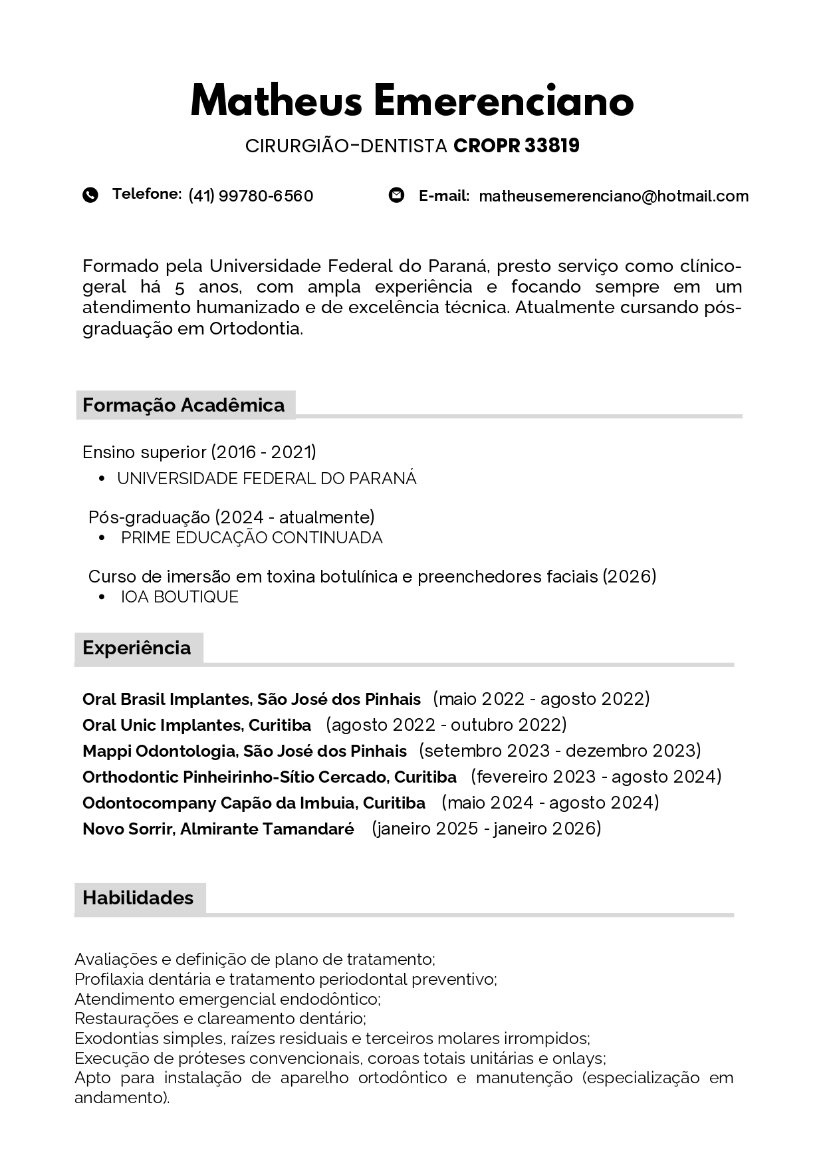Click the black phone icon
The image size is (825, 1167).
click(90, 195)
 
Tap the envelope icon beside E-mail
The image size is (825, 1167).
click(396, 195)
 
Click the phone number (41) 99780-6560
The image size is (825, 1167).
click(251, 196)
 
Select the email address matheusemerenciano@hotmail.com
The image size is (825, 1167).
click(614, 196)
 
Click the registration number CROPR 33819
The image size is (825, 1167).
click(517, 146)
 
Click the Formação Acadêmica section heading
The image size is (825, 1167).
click(183, 405)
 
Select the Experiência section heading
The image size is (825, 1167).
click(137, 648)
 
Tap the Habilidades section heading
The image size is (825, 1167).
click(138, 898)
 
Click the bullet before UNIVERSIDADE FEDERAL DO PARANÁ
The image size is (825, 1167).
click(101, 479)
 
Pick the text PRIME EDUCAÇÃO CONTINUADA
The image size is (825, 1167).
click(252, 538)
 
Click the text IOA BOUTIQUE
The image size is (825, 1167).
click(179, 597)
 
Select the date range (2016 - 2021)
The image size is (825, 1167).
click(264, 452)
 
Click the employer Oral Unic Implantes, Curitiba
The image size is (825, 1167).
click(197, 725)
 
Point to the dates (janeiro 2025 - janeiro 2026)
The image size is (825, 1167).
click(487, 829)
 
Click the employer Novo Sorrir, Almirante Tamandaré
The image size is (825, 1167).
click(218, 829)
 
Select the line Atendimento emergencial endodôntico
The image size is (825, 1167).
click(227, 999)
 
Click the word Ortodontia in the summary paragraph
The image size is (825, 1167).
click(256, 328)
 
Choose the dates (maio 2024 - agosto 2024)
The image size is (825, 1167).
click(550, 803)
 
